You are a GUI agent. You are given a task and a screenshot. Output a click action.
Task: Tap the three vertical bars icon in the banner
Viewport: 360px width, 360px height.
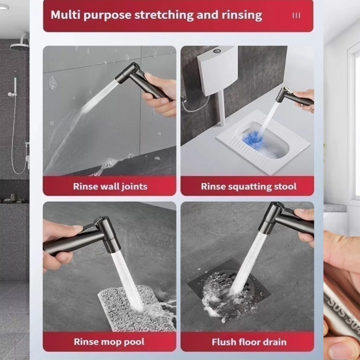[x=296, y=15]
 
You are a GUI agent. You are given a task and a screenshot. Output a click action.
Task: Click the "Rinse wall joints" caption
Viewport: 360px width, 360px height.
[x=110, y=186]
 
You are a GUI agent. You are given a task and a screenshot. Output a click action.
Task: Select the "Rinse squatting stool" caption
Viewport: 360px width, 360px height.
[x=249, y=186]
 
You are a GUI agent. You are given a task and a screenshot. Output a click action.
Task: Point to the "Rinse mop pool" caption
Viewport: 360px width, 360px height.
[x=109, y=342]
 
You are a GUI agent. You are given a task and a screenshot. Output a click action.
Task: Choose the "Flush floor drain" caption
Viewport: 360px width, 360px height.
[x=249, y=342]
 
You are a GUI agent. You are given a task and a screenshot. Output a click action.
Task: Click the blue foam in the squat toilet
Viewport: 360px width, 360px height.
[x=252, y=139]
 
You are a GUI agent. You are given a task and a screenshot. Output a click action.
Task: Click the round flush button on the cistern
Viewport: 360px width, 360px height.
[x=217, y=51]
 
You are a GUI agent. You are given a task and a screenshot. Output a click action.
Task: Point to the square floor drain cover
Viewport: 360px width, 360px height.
[x=229, y=290]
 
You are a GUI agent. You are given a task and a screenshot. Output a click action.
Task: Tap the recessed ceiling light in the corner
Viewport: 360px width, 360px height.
[x=4, y=7]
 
